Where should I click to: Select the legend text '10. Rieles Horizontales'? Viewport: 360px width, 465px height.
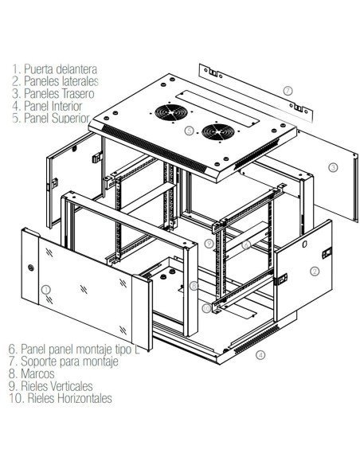point(61,398)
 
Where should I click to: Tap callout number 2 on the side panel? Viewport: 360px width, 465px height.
point(315,271)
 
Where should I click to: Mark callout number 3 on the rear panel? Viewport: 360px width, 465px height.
point(333,166)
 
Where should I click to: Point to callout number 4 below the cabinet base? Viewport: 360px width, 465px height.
point(260,355)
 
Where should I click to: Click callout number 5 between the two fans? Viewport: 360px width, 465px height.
point(189,129)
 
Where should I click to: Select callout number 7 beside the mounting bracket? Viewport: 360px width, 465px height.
point(288,90)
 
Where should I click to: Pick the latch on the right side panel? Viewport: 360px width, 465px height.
point(325,252)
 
